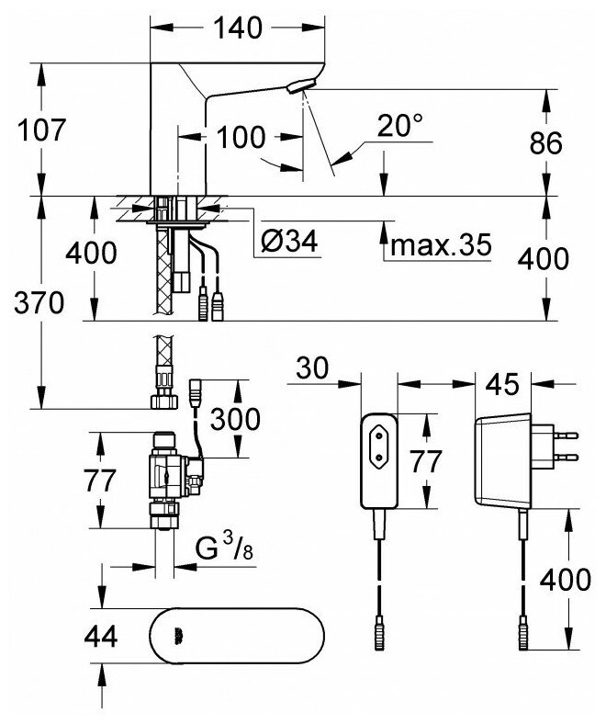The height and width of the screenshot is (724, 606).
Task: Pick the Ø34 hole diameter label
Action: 288,244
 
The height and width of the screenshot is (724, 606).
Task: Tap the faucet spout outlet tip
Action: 297,87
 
